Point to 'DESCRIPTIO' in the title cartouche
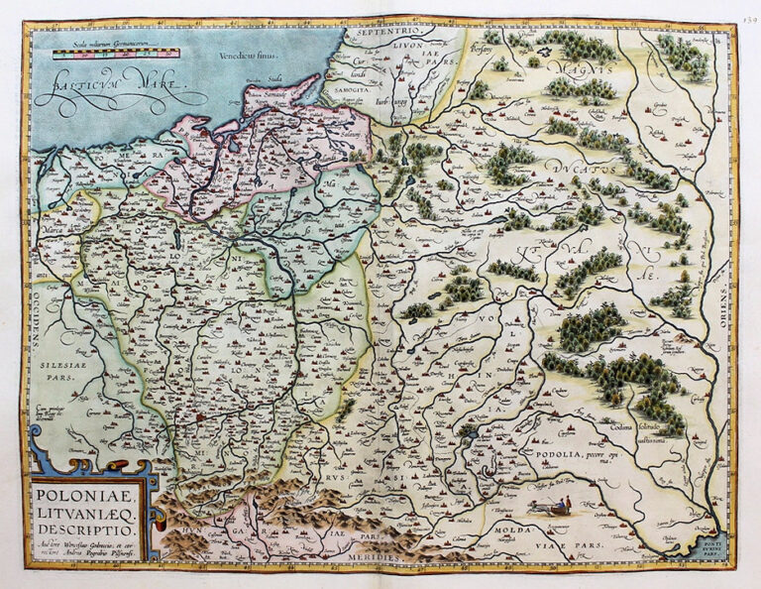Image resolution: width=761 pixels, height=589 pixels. pyautogui.click(x=81, y=527)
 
